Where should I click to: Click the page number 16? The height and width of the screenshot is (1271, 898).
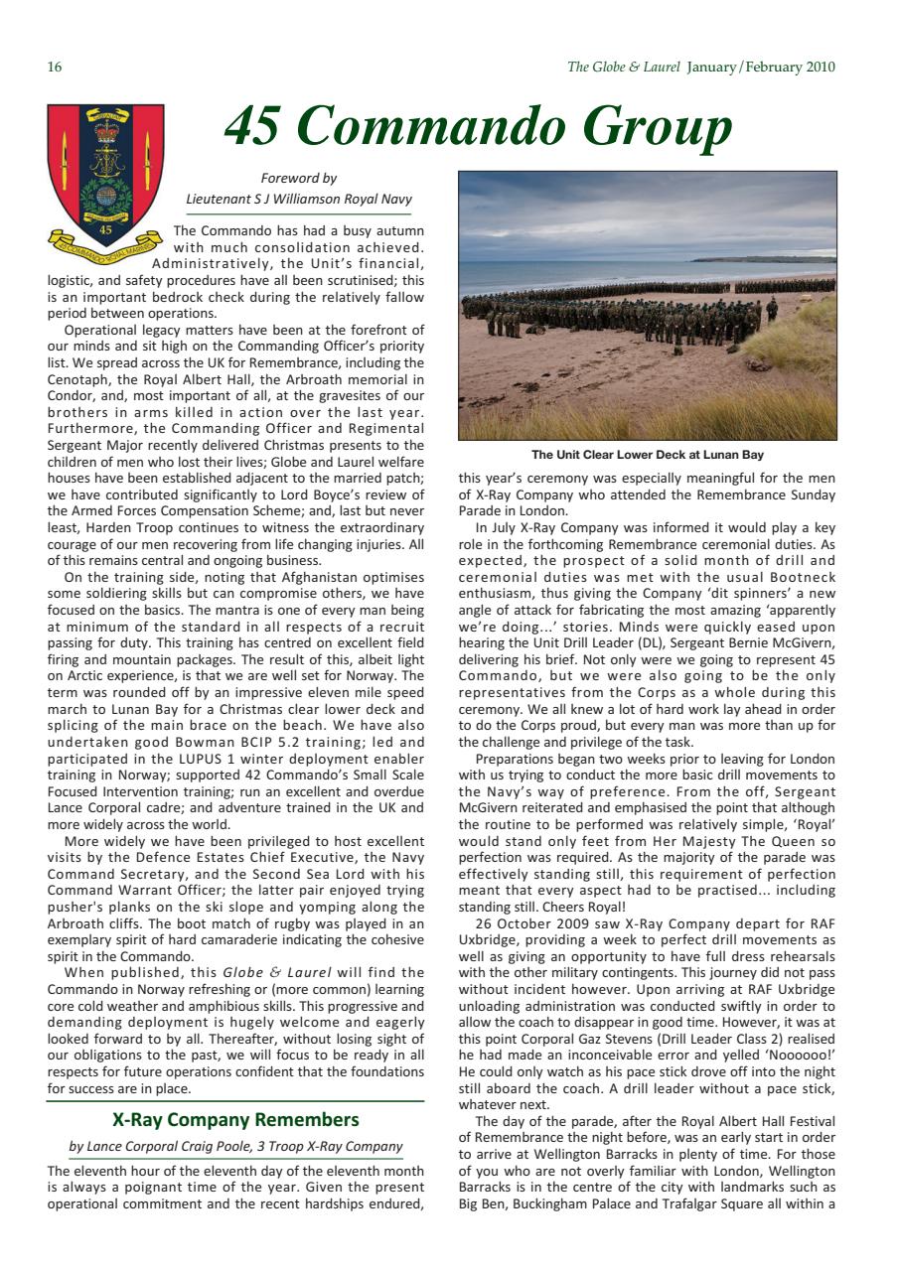[54, 68]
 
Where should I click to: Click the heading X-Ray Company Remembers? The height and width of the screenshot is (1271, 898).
[235, 1121]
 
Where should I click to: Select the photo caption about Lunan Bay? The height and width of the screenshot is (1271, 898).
[647, 455]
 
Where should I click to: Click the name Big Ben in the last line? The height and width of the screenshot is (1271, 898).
[482, 1205]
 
